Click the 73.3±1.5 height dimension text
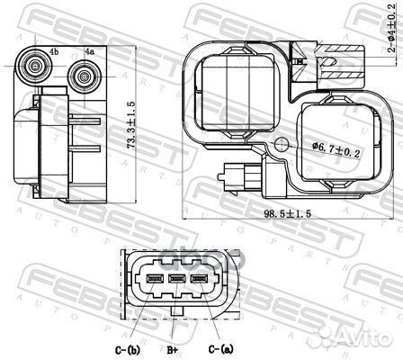[131, 125]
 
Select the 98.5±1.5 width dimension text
[288, 213]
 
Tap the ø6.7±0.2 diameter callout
[336, 149]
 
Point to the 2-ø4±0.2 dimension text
[392, 28]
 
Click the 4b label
[54, 51]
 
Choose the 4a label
[89, 51]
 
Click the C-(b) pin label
[128, 349]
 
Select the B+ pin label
[173, 350]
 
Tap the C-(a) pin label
[220, 349]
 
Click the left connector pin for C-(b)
[155, 279]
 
